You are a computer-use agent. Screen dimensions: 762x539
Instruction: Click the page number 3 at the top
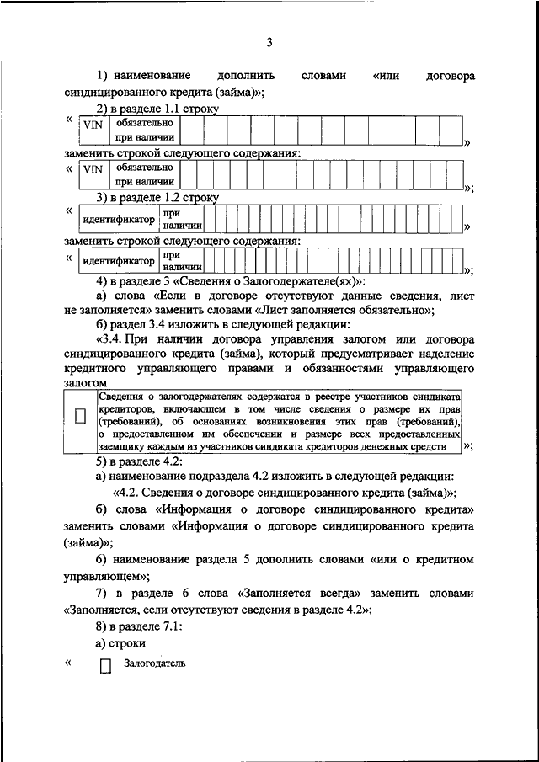pos(269,42)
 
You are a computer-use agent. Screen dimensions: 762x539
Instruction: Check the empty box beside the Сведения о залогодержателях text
pos(81,416)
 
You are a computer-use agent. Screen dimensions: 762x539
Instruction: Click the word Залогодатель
pos(154,663)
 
